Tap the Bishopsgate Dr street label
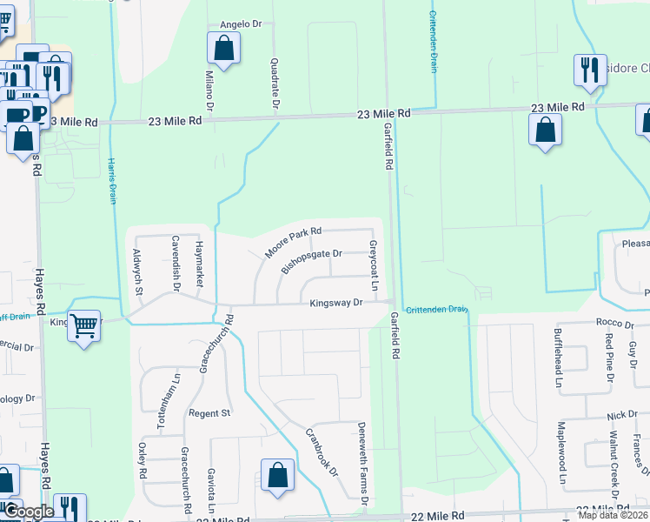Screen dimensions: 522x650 pos(312,261)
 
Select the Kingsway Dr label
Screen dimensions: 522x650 pos(336,303)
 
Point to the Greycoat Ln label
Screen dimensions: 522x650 pos(374,266)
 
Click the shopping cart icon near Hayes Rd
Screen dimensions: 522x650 pos(83,327)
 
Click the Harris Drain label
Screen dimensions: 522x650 pos(112,181)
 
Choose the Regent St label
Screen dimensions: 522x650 pos(209,412)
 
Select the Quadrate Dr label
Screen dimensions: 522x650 pos(275,84)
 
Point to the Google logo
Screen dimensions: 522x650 pos(30,512)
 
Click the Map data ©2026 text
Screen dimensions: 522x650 pos(613,515)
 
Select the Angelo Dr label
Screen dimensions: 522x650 pos(241,25)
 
